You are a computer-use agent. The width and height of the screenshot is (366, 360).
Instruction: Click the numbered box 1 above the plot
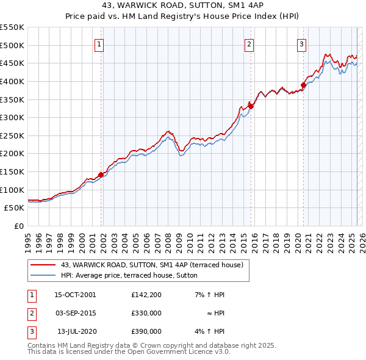tap(99, 43)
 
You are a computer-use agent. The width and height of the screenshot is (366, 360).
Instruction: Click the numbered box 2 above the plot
tap(249, 43)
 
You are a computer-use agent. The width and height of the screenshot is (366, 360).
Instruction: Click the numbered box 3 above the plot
tap(302, 43)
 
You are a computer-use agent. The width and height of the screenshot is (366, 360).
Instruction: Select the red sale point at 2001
tap(101, 175)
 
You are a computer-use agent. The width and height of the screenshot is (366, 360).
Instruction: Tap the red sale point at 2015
tap(251, 106)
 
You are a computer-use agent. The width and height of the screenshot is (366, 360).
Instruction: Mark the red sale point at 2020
tap(303, 85)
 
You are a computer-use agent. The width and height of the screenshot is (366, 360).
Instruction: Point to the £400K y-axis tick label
tap(12, 81)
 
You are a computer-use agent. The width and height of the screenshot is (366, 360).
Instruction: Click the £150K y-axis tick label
tap(12, 171)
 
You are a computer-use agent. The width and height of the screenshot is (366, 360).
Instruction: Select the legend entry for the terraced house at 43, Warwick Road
tap(152, 265)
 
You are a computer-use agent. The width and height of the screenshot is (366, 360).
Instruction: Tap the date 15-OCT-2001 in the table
tap(75, 295)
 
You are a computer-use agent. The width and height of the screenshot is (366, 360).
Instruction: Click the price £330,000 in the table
tap(146, 313)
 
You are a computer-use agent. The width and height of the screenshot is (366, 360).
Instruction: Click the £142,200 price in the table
tap(146, 295)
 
